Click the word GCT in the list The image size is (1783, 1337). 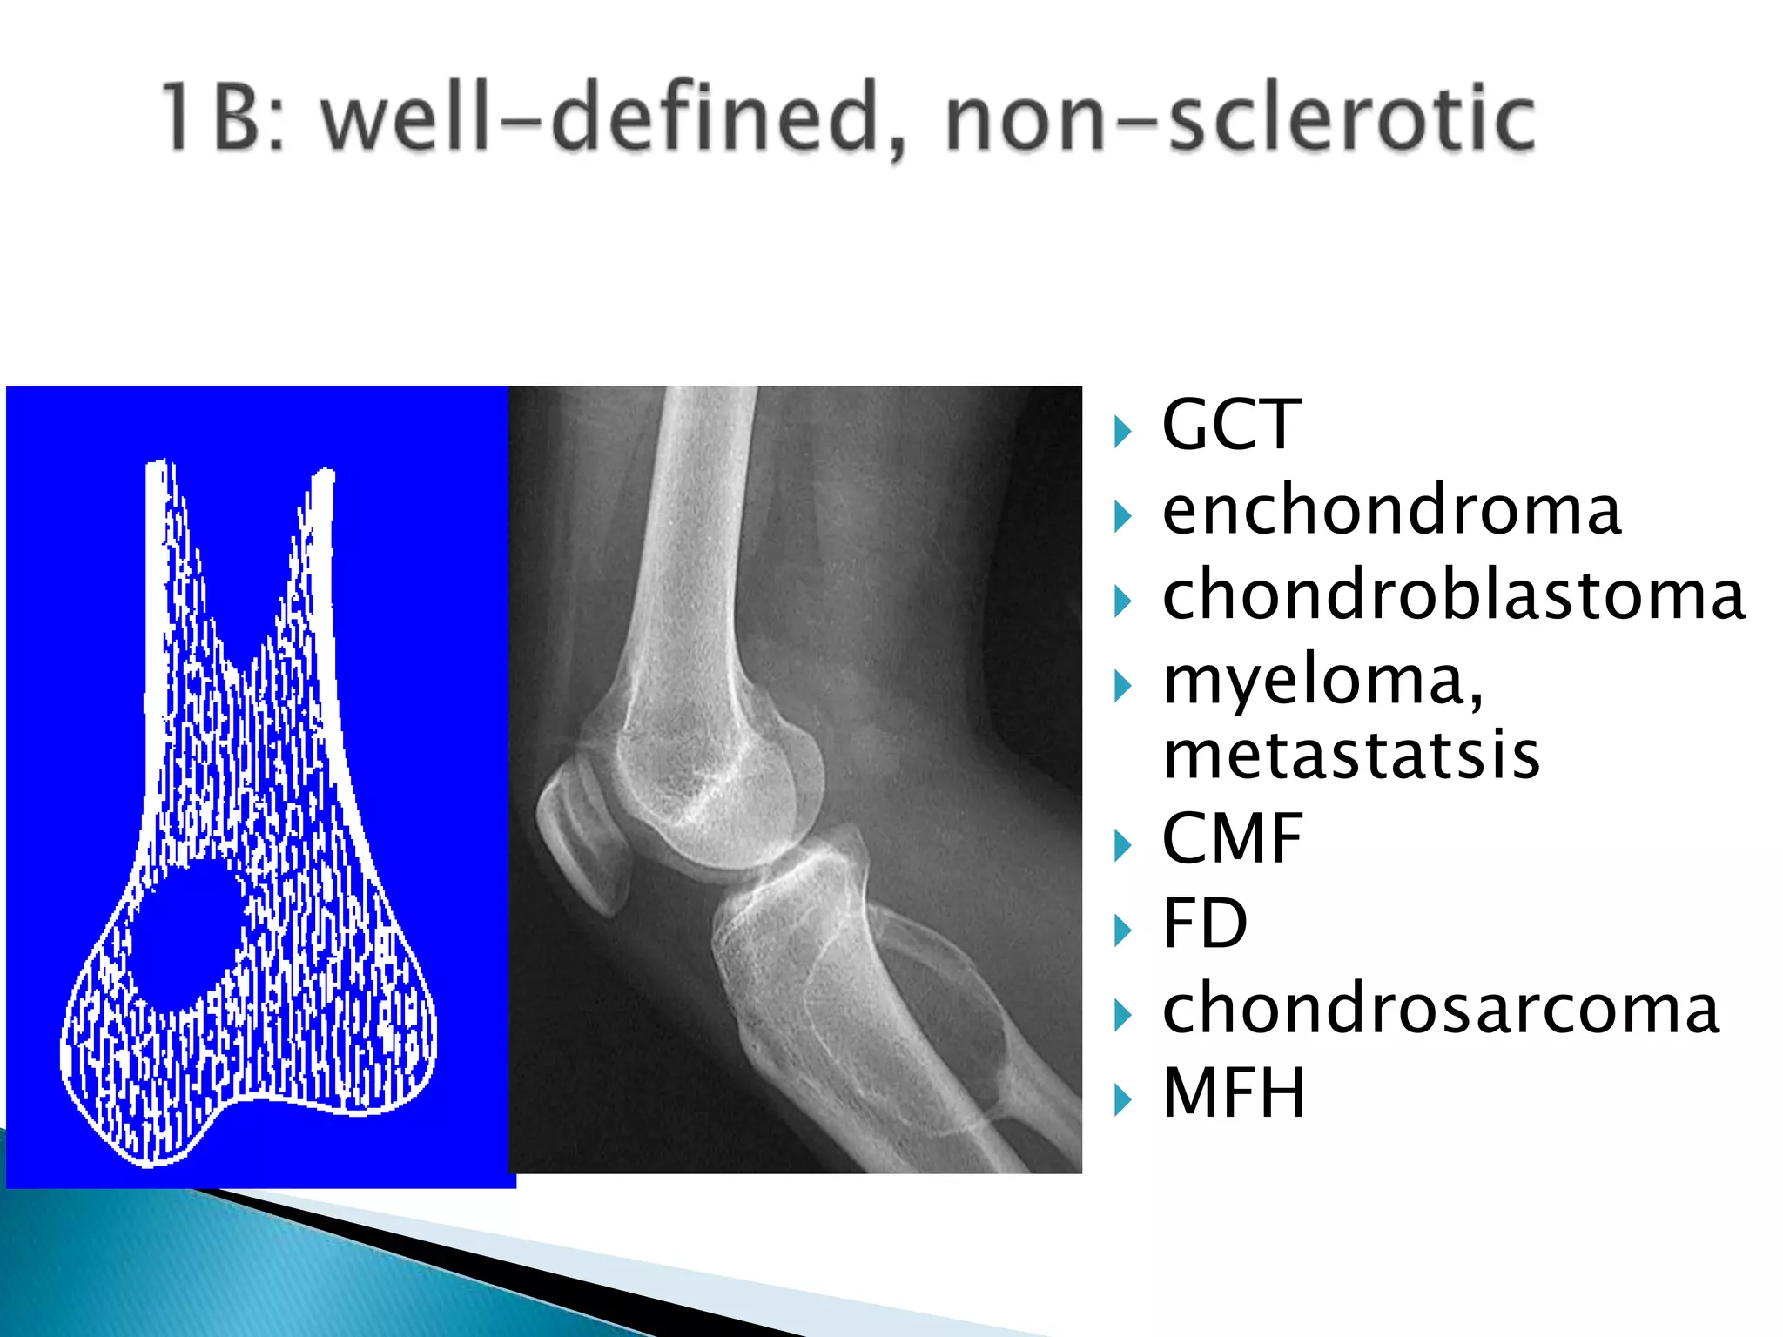1231,425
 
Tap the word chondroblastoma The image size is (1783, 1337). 1452,595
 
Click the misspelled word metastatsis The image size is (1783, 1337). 1351,756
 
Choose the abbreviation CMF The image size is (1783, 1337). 1233,839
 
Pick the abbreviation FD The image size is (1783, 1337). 1205,924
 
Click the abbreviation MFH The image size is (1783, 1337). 1235,1093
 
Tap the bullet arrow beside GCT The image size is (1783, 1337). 1123,431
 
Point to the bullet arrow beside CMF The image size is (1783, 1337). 1123,845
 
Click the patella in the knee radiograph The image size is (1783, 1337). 582,836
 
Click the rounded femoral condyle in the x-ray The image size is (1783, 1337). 714,783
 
